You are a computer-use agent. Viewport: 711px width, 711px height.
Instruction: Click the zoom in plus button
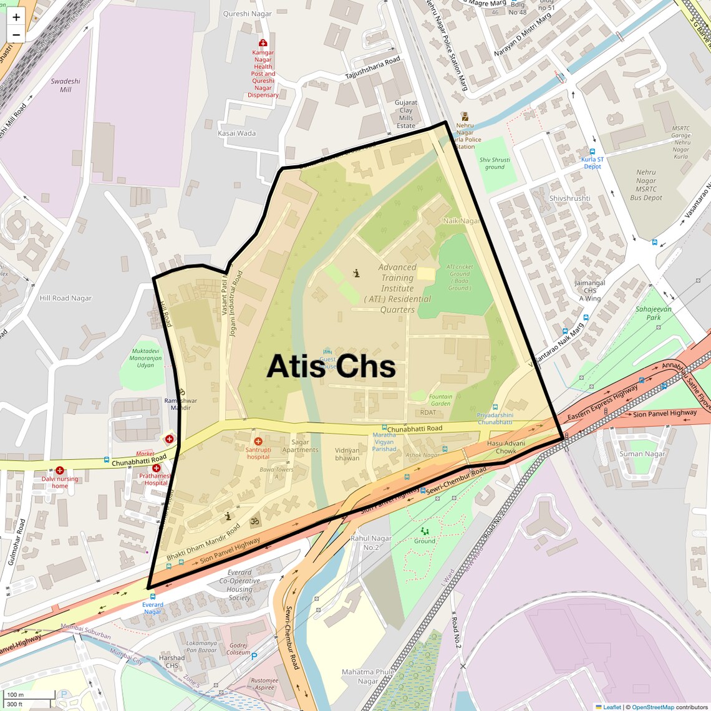pyautogui.click(x=16, y=17)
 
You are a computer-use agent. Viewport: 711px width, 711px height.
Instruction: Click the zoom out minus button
pyautogui.click(x=16, y=34)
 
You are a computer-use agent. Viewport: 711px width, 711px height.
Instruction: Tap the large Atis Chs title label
pyautogui.click(x=331, y=366)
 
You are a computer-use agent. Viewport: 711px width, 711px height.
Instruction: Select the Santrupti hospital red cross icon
pyautogui.click(x=258, y=442)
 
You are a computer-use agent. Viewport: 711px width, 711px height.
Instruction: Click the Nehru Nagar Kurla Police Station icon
pyautogui.click(x=465, y=117)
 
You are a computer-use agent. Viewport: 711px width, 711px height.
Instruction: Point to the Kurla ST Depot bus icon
pyautogui.click(x=592, y=152)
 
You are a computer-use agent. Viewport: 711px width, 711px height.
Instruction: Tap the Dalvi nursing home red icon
pyautogui.click(x=60, y=471)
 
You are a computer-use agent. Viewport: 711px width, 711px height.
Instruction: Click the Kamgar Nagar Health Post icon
pyautogui.click(x=263, y=43)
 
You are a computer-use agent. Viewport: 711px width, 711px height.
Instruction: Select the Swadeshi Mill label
pyautogui.click(x=65, y=85)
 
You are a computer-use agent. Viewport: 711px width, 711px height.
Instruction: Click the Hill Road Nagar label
pyautogui.click(x=65, y=298)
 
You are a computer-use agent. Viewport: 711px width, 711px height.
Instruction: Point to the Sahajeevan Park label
pyautogui.click(x=653, y=313)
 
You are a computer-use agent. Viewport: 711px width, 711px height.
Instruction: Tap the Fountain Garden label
pyautogui.click(x=440, y=400)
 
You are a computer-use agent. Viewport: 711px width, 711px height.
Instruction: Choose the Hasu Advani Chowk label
pyautogui.click(x=506, y=447)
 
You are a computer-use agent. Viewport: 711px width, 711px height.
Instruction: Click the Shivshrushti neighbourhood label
pyautogui.click(x=569, y=198)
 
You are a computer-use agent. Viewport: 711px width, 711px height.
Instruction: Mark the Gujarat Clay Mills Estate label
pyautogui.click(x=406, y=114)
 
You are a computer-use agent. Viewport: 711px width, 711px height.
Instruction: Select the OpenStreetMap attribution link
pyautogui.click(x=652, y=707)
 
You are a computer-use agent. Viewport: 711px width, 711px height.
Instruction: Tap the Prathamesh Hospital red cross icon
pyautogui.click(x=156, y=468)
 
